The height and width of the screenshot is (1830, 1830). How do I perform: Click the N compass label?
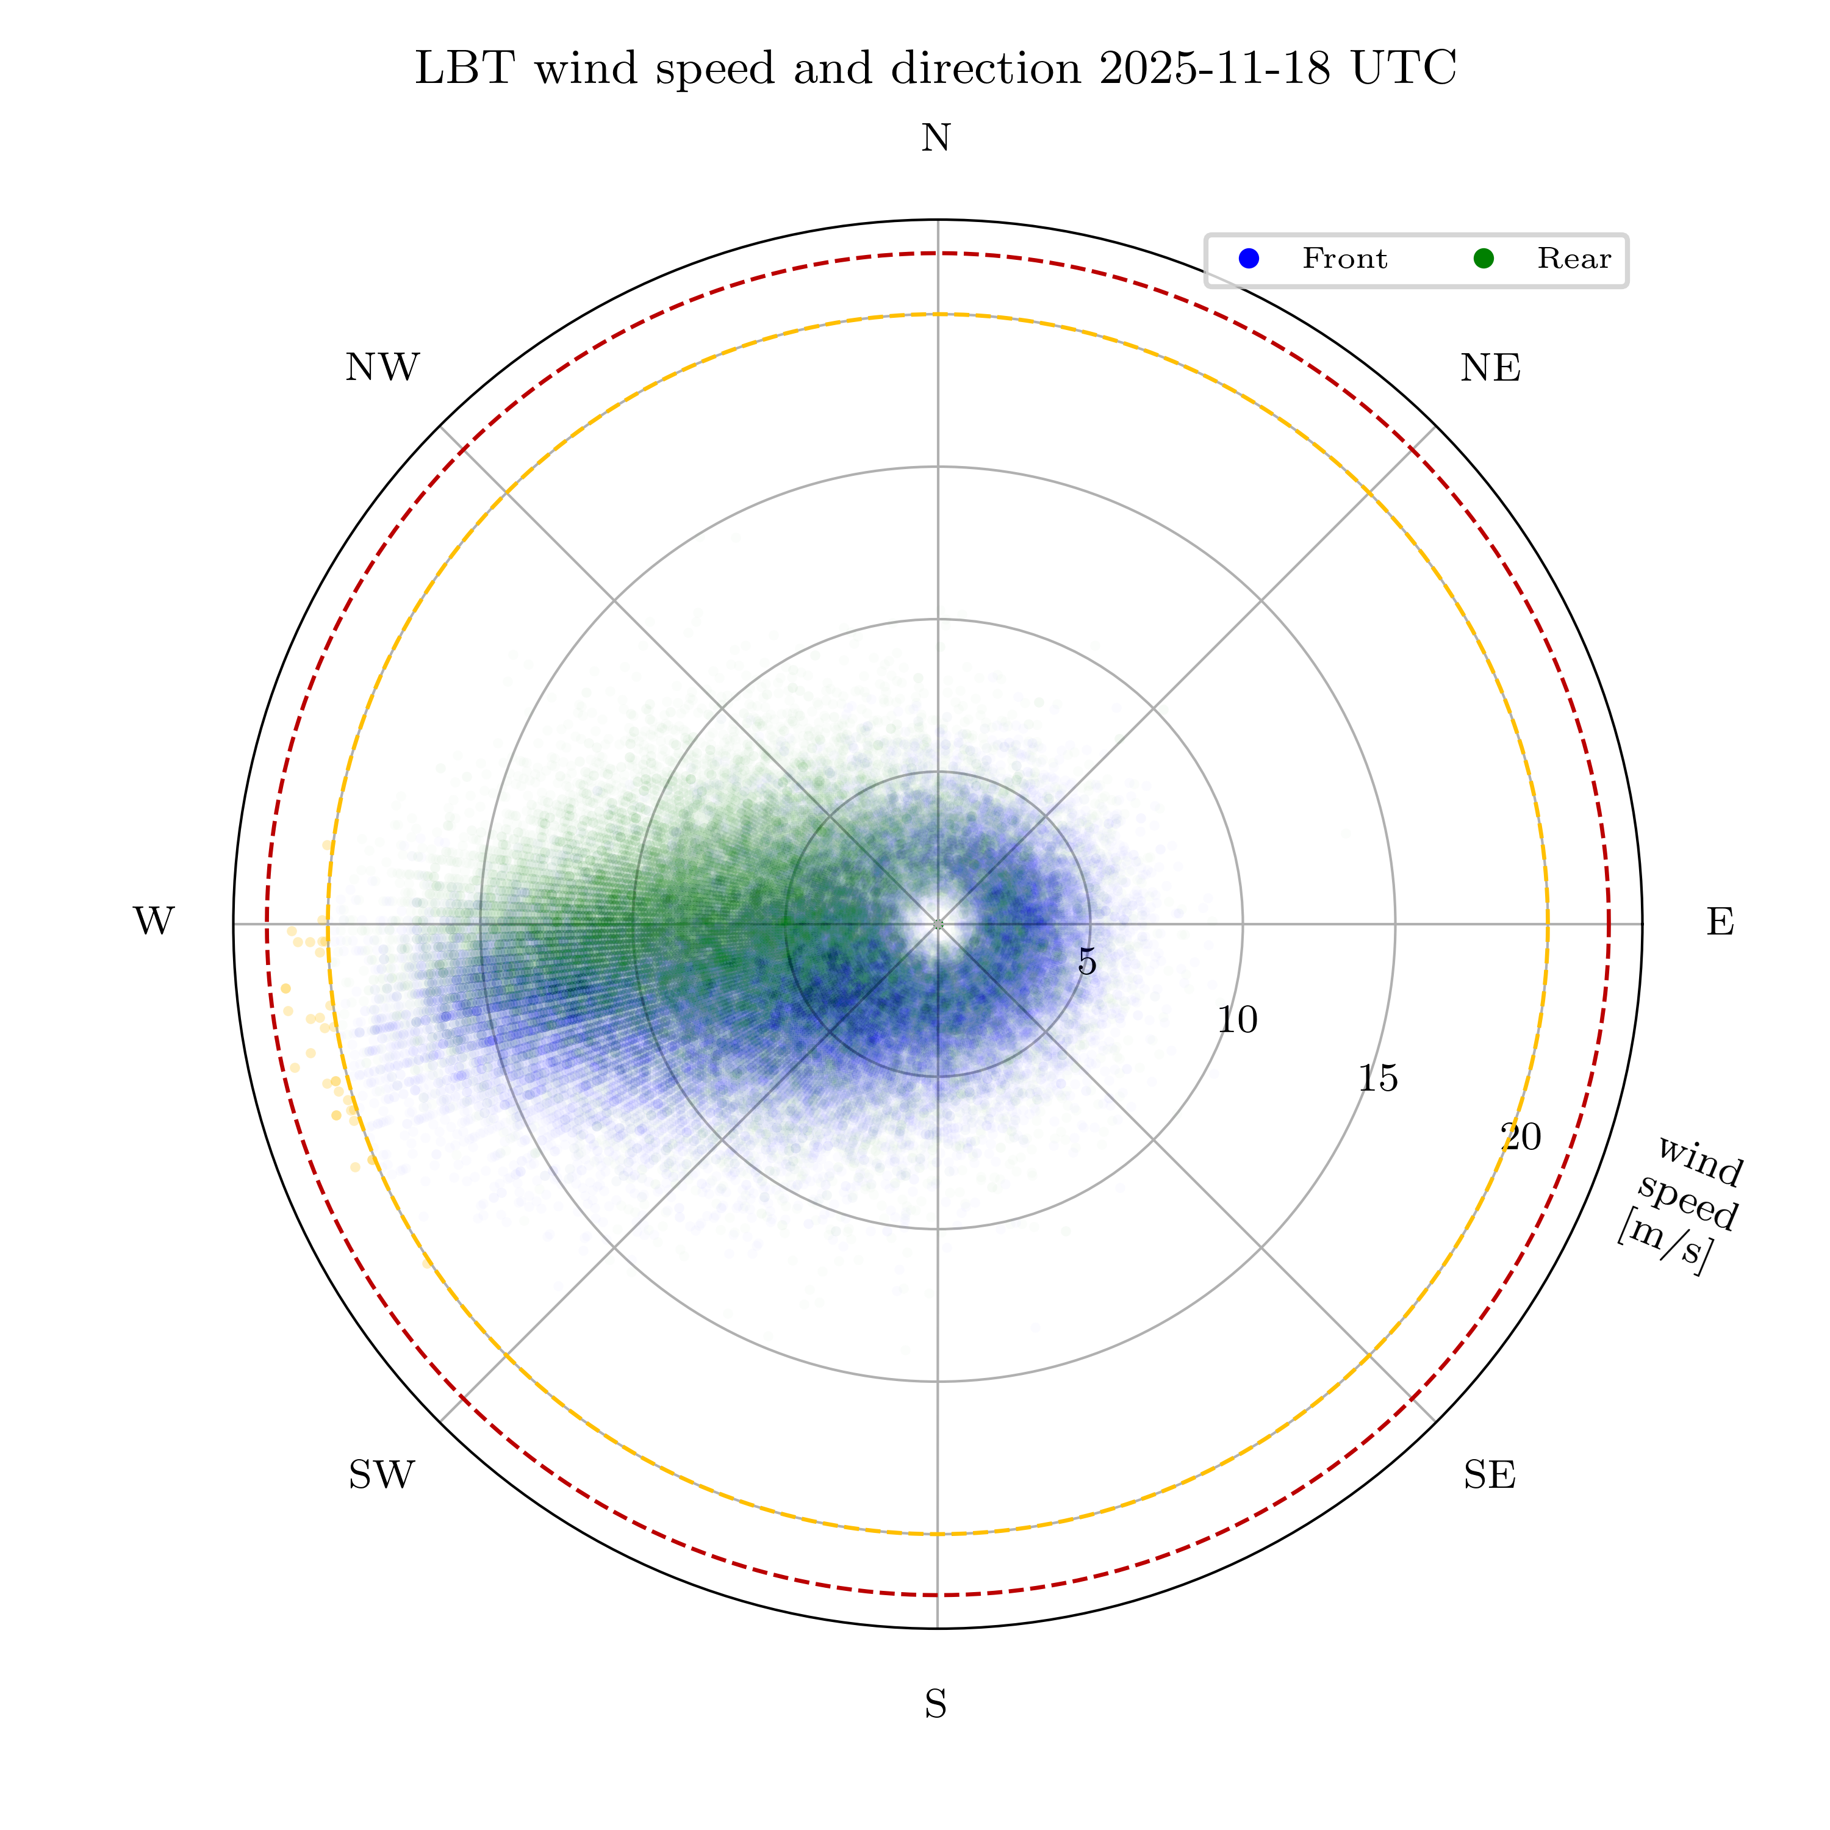tap(936, 139)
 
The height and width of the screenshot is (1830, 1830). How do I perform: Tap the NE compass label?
tap(1490, 368)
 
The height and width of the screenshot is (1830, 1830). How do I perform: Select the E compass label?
tap(1720, 922)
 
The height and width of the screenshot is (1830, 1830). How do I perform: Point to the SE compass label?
tap(1489, 1475)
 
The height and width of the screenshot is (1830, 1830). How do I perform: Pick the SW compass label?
tap(382, 1475)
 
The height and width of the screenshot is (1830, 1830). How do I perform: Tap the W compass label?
tap(154, 922)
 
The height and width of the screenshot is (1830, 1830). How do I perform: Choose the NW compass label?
tap(382, 368)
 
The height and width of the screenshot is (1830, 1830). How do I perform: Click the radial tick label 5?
tap(1088, 963)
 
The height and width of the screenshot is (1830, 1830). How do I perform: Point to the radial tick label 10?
tap(1237, 1020)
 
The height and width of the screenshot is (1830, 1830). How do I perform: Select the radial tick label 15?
tap(1378, 1079)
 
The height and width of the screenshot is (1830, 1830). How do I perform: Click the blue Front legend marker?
tap(1249, 259)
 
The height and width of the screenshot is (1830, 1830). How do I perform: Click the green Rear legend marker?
tap(1484, 259)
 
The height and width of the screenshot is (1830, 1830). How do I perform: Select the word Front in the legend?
tap(1344, 259)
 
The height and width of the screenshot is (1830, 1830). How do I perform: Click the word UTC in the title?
tap(1404, 68)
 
